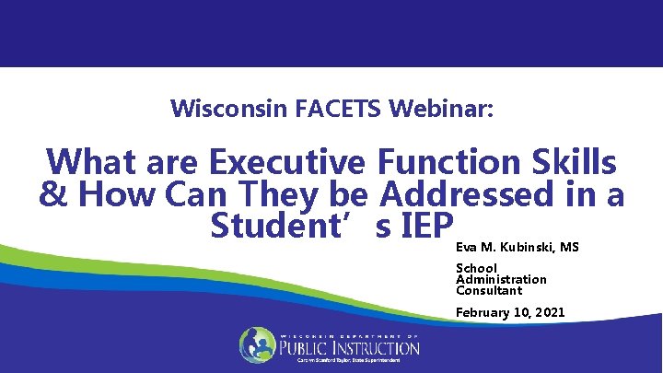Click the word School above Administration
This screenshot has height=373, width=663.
(476, 268)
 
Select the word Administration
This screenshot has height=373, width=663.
(501, 279)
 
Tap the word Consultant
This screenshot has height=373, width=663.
(489, 290)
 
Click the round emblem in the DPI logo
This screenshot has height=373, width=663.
(258, 345)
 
